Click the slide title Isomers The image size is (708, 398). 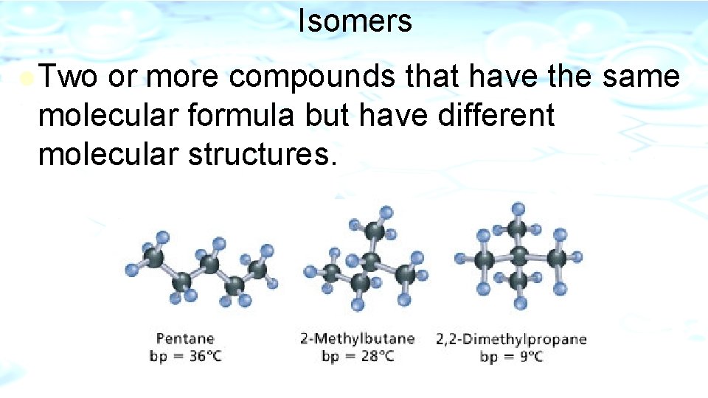(355, 21)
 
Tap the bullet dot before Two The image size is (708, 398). (27, 77)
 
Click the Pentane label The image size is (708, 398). (185, 339)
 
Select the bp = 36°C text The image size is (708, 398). (185, 357)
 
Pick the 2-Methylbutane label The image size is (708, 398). (357, 339)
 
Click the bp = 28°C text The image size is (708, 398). (357, 357)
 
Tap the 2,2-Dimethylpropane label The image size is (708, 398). (511, 339)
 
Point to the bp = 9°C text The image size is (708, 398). (511, 357)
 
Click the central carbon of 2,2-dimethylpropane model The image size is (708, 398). (519, 259)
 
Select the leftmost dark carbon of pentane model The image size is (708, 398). (154, 256)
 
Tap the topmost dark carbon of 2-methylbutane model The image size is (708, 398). (374, 231)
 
